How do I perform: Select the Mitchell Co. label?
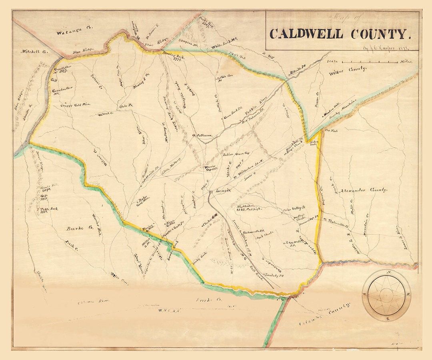34,52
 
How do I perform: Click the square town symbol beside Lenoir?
211,193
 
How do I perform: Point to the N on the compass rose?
387,272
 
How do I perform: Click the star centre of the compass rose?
386,295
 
